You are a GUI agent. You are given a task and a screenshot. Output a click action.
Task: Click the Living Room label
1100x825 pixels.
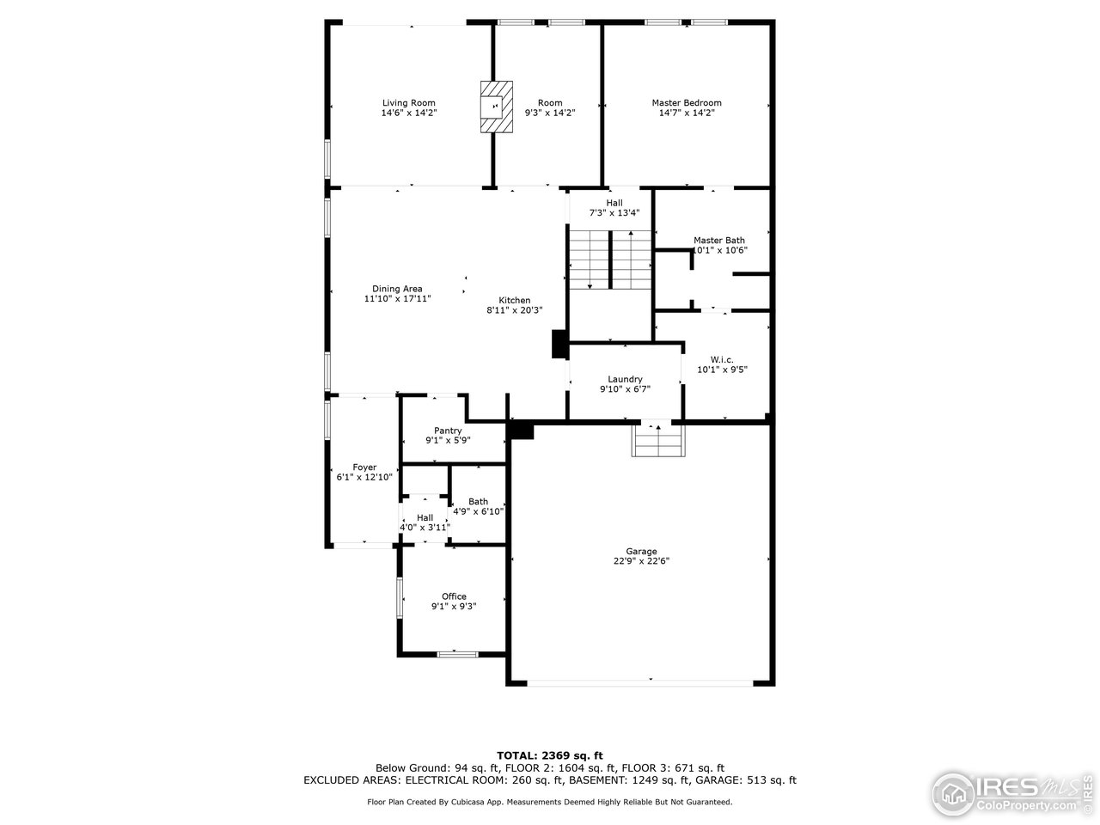point(409,103)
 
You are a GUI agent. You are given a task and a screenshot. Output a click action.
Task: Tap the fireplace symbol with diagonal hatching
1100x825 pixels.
point(496,107)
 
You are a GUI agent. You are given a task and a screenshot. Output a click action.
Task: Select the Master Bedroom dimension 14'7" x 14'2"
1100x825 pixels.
point(686,113)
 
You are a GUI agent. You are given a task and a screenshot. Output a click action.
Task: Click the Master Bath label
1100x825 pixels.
point(719,241)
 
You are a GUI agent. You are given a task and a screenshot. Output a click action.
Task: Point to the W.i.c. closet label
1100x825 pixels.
point(722,359)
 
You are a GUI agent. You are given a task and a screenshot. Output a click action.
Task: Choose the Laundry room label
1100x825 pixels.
point(625,379)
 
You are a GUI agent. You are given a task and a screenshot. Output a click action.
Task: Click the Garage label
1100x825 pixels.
point(641,552)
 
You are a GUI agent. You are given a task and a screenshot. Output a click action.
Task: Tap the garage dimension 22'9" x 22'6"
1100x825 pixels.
point(641,561)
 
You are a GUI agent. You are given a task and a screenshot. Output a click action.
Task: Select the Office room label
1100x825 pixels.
point(454,596)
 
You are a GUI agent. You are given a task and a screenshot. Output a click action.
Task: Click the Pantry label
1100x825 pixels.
point(448,431)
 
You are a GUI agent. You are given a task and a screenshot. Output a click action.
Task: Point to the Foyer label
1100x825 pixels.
point(364,467)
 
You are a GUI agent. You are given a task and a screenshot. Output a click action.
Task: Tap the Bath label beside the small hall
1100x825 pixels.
point(478,502)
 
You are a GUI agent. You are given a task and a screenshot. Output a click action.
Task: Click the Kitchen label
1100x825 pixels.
point(515,300)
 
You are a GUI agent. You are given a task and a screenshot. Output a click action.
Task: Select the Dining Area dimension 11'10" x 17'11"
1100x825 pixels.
point(397,299)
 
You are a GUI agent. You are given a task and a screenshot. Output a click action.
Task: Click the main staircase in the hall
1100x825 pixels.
point(610,260)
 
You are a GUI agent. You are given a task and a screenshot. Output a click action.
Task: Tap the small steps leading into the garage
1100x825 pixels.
point(659,440)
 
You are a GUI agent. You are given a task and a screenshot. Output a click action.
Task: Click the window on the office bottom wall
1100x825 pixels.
point(457,654)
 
